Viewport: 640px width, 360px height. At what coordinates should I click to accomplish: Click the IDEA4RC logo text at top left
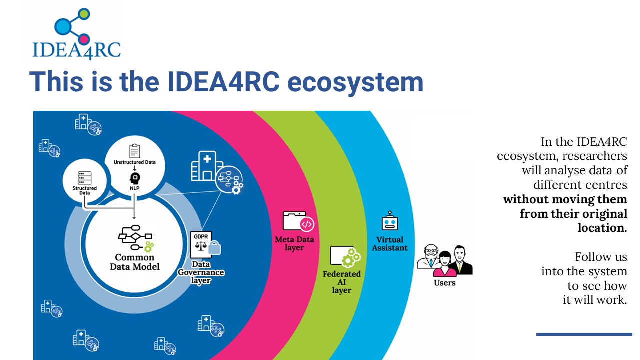pos(76,50)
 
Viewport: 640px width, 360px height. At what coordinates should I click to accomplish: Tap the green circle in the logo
pos(84,14)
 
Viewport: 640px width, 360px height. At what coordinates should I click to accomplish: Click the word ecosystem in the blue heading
pos(355,82)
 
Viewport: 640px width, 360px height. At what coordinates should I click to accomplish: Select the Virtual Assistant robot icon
pos(390,221)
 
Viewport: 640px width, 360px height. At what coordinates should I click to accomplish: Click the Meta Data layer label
pos(294,243)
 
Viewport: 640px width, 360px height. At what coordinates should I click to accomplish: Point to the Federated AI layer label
pos(341,282)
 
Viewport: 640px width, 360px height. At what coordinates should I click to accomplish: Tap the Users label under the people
pos(445,283)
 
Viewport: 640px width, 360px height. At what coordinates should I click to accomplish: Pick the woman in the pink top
pos(445,264)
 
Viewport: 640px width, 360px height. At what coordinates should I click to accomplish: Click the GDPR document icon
pos(201,244)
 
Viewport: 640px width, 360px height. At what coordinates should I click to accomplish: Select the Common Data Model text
pos(135,262)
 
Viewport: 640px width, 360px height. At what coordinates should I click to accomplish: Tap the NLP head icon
pos(135,178)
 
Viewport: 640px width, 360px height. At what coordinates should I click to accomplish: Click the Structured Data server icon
pos(85,178)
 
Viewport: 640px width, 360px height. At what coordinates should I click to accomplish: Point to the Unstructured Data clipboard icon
pos(135,151)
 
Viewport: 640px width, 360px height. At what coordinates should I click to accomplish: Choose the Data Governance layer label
pos(201,272)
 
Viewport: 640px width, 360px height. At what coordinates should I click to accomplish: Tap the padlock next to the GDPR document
pos(214,247)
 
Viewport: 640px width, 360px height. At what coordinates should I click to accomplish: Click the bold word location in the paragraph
pos(602,228)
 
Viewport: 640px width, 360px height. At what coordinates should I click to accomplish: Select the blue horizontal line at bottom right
pos(584,334)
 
